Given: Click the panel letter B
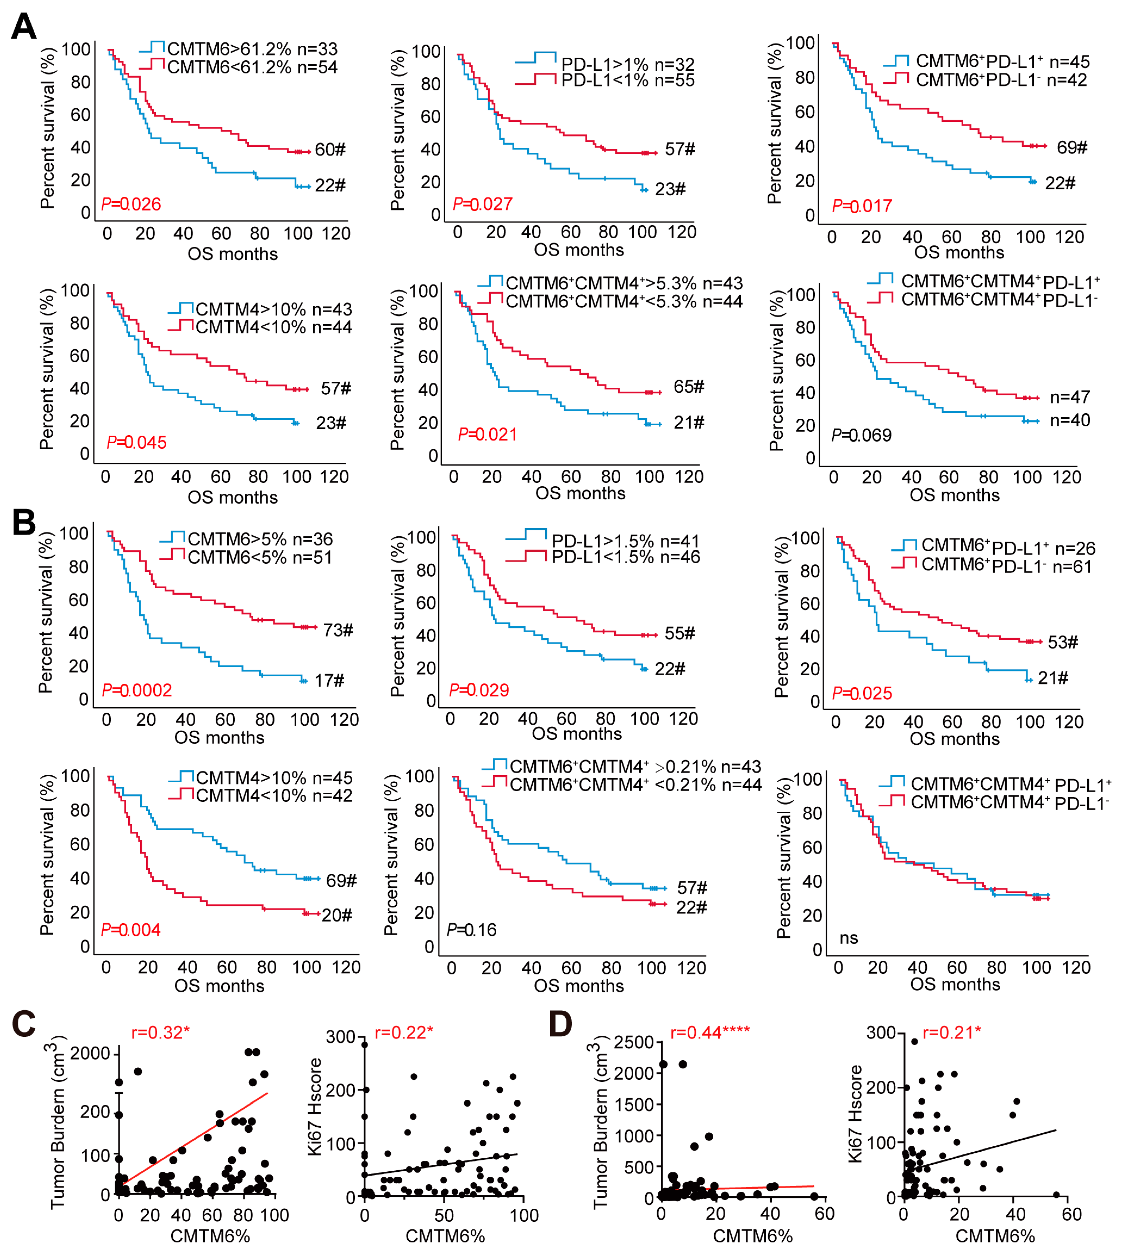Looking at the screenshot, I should click(23, 522).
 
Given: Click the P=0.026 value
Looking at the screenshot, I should click(131, 204).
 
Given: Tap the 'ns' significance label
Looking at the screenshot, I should click(849, 938).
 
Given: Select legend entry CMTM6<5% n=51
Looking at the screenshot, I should click(259, 558).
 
